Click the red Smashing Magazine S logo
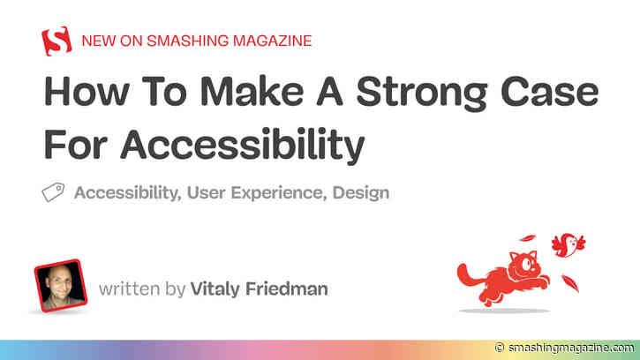click(56, 41)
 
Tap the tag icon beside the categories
click(53, 192)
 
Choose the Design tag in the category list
click(360, 192)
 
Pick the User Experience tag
click(255, 192)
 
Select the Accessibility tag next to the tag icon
click(127, 192)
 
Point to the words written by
click(141, 289)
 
